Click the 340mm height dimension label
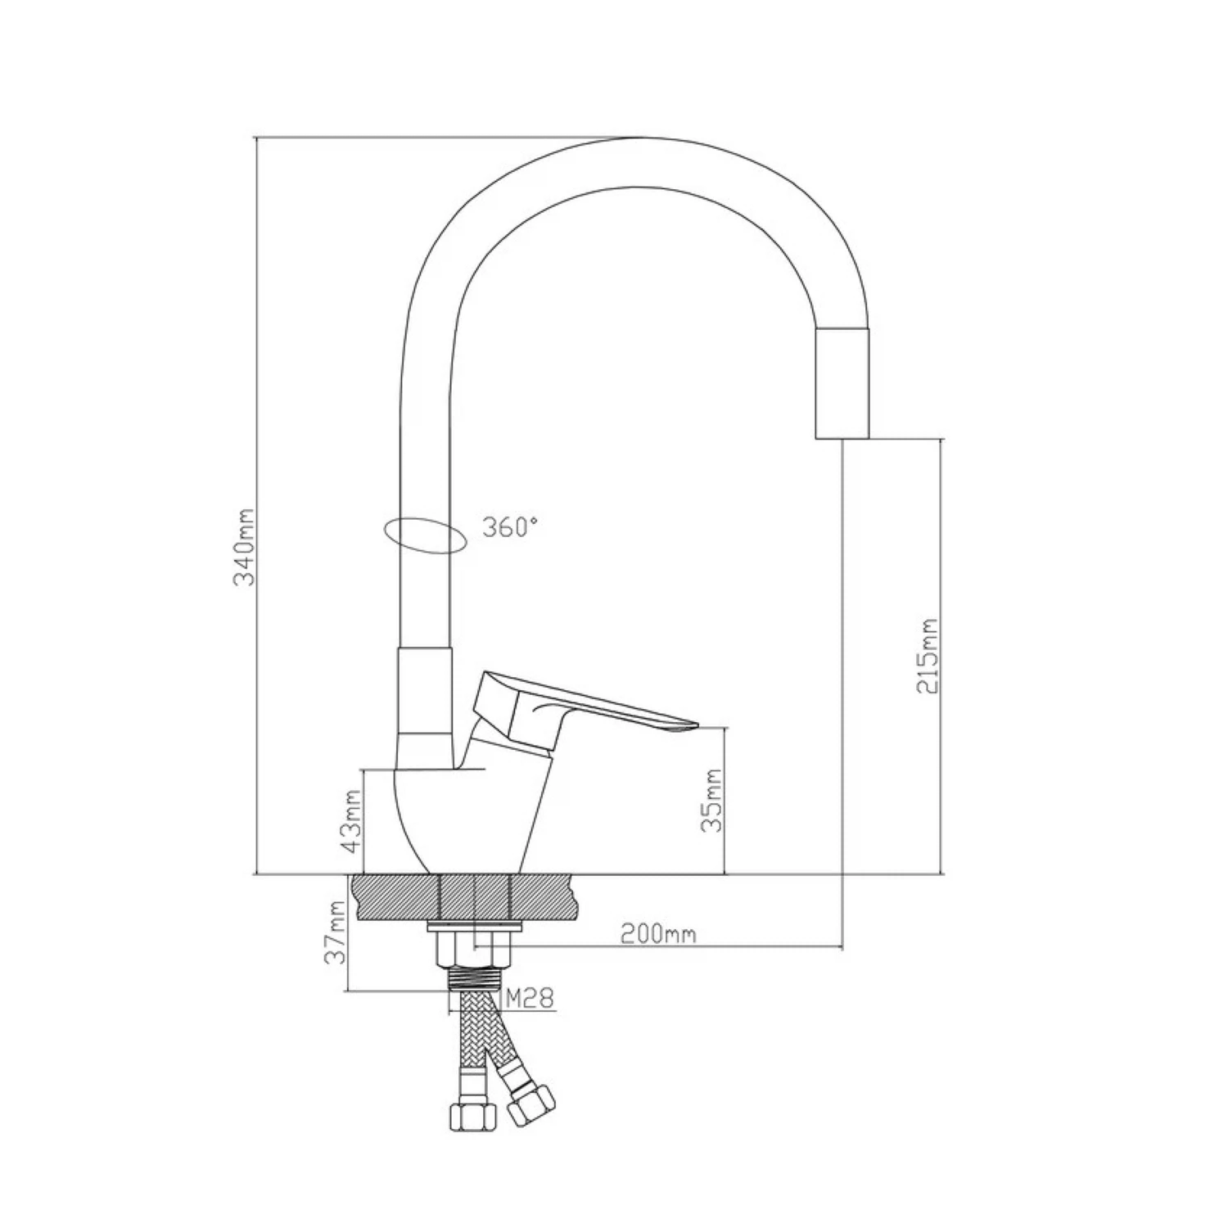(x=245, y=548)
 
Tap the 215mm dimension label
(x=928, y=655)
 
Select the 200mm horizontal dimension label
(x=658, y=933)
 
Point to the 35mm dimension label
(x=713, y=801)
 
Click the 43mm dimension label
(x=352, y=822)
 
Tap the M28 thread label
(x=530, y=998)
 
